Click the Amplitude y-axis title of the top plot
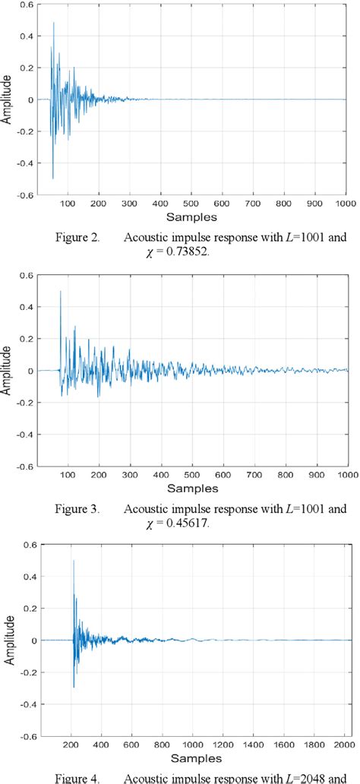click(x=7, y=101)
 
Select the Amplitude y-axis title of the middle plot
click(x=7, y=370)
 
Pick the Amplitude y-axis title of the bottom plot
click(x=7, y=640)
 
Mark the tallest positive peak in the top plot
click(x=53, y=23)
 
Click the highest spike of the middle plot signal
click(x=60, y=292)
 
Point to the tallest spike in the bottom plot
click(x=74, y=561)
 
